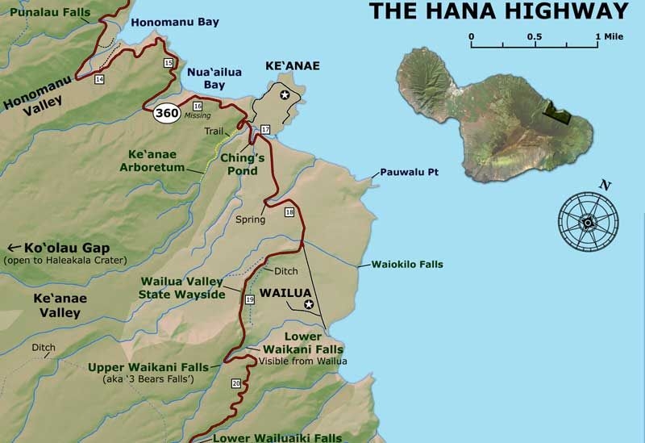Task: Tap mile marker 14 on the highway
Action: point(99,79)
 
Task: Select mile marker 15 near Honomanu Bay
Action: point(168,63)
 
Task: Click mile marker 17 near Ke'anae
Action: point(264,130)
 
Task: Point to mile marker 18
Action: point(289,212)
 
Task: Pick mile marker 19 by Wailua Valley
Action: point(249,299)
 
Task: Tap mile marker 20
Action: point(235,382)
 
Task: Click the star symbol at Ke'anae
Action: point(284,95)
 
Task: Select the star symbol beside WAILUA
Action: point(309,305)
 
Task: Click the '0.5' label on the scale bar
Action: point(534,37)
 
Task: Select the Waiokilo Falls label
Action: point(406,264)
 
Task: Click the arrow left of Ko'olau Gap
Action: point(14,248)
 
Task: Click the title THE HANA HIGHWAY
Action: point(498,11)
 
